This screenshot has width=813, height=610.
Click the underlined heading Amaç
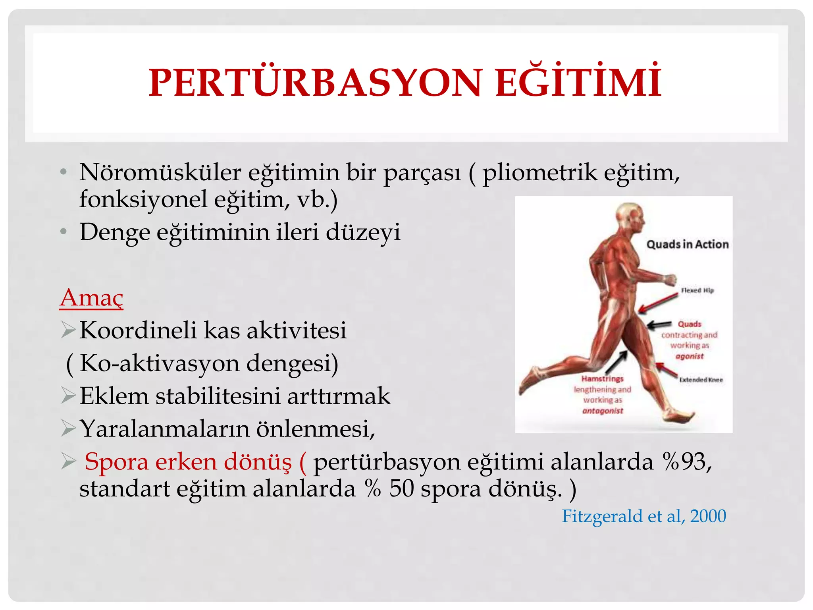click(91, 298)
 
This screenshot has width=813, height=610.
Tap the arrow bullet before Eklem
click(68, 396)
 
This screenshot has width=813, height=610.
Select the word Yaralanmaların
click(165, 429)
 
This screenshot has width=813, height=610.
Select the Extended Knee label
click(701, 380)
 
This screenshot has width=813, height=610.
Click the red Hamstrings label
click(603, 379)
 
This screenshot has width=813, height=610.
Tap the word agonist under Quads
click(690, 356)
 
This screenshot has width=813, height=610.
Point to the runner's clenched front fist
click(670, 280)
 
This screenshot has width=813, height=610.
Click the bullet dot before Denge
click(63, 232)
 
